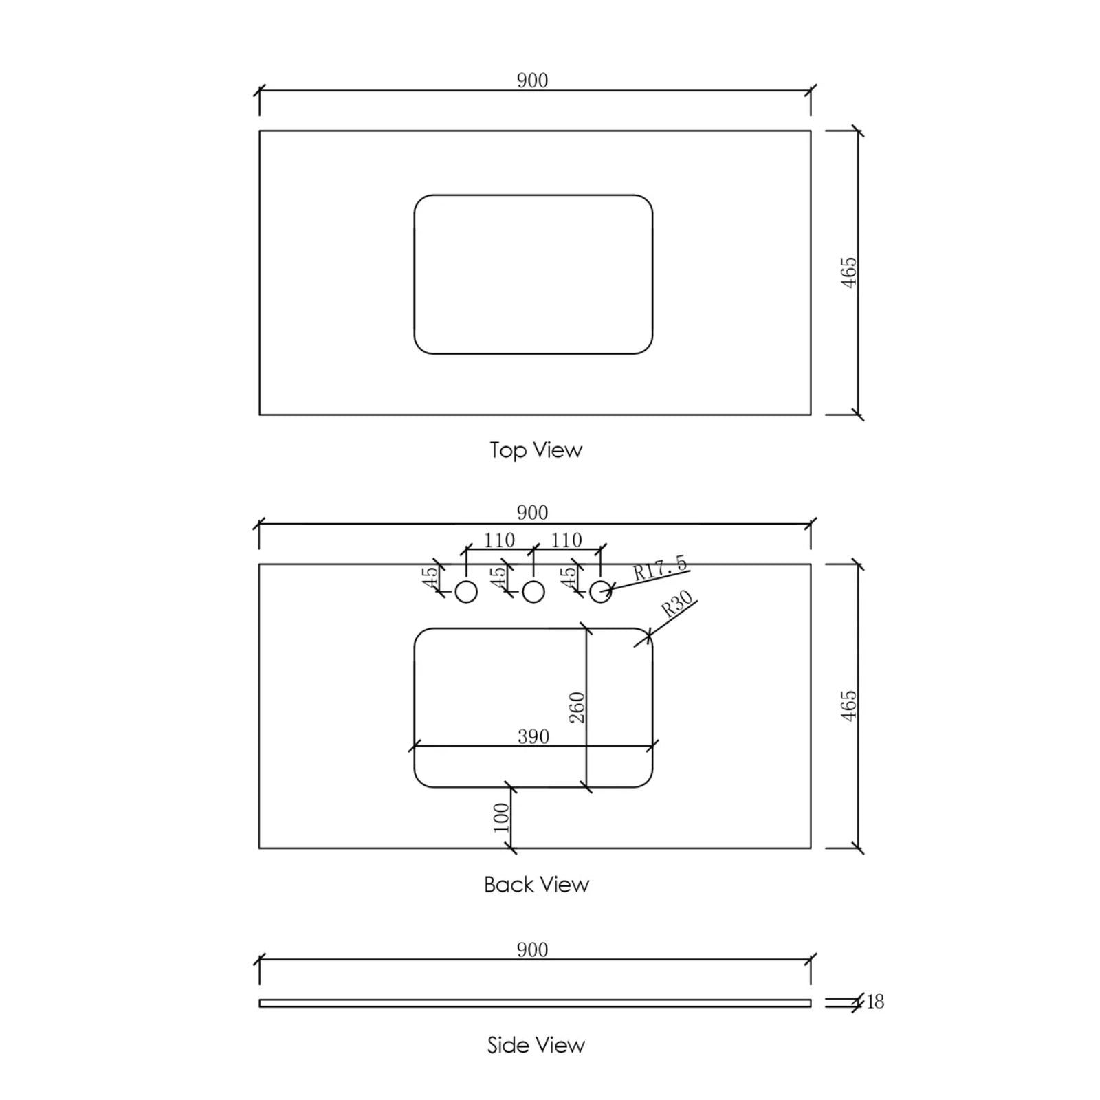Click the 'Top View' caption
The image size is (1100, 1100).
536,450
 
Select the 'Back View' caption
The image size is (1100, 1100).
536,884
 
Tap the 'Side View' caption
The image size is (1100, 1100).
536,1045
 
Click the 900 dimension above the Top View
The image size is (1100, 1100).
532,80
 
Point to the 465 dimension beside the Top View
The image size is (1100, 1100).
850,272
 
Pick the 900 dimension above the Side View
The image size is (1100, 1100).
532,949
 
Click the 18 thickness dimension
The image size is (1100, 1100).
875,1002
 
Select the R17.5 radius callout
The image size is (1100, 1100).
660,569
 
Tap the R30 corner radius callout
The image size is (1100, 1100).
676,604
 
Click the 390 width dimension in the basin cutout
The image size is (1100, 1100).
533,736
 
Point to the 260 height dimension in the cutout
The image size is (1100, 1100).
577,707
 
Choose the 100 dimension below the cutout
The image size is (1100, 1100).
502,817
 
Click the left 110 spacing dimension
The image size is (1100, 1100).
499,540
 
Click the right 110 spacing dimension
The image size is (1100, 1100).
566,540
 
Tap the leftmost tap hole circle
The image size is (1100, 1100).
466,591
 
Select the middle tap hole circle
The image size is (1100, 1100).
533,591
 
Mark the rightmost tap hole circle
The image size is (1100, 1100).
600,591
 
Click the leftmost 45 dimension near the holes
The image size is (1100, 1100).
430,577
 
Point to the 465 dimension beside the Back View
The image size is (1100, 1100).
850,705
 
